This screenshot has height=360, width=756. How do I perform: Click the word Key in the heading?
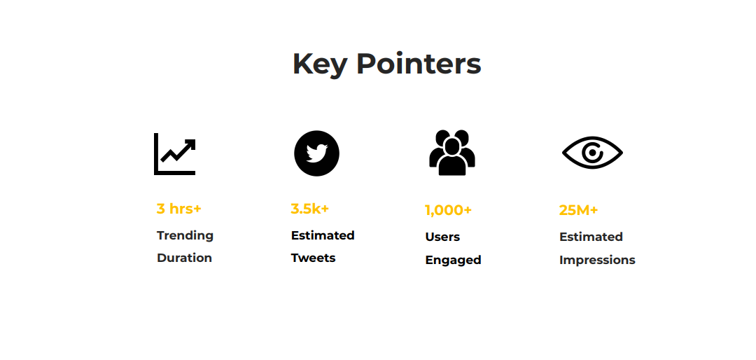coord(320,64)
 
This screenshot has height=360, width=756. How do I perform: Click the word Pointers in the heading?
coord(419,64)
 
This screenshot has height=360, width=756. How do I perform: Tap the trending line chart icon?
coord(174,154)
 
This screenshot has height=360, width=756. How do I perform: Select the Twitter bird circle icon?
coord(317,153)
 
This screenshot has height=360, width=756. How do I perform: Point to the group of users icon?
coord(452,153)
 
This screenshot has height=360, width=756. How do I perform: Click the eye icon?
coord(593,153)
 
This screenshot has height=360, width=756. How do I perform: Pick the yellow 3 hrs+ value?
coord(179,209)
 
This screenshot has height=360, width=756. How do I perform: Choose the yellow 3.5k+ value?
coord(309,209)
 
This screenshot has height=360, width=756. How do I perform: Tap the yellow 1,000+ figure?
coord(449,210)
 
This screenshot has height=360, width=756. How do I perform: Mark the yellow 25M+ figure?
coord(579,210)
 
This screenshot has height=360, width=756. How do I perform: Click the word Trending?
coord(185,236)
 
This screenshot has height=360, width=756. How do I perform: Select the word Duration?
coord(185,258)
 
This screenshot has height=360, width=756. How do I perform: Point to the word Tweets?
coord(314,258)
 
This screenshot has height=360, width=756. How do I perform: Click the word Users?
coord(442,237)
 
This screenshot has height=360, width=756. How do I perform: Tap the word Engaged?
coord(453,260)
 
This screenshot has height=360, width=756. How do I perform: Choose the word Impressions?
coord(597,260)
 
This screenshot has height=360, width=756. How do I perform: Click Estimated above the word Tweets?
coord(323,235)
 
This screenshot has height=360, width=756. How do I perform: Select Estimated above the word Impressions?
coord(591,237)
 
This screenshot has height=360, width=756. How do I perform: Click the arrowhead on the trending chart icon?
coord(191,144)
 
